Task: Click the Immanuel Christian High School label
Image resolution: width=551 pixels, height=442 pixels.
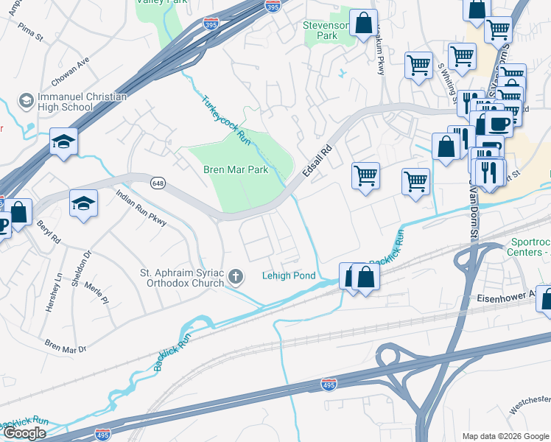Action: (x=72, y=102)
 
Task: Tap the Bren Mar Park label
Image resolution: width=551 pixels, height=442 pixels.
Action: (x=236, y=169)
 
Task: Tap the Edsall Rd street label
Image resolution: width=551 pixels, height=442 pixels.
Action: (x=317, y=159)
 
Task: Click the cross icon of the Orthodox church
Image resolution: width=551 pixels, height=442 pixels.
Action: (x=236, y=276)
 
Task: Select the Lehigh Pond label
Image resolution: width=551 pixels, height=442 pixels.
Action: (x=289, y=276)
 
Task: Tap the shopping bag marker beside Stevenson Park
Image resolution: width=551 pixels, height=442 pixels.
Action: (x=364, y=23)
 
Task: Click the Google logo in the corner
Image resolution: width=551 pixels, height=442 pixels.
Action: (x=24, y=433)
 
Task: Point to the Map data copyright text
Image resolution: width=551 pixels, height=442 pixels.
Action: (x=505, y=436)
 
